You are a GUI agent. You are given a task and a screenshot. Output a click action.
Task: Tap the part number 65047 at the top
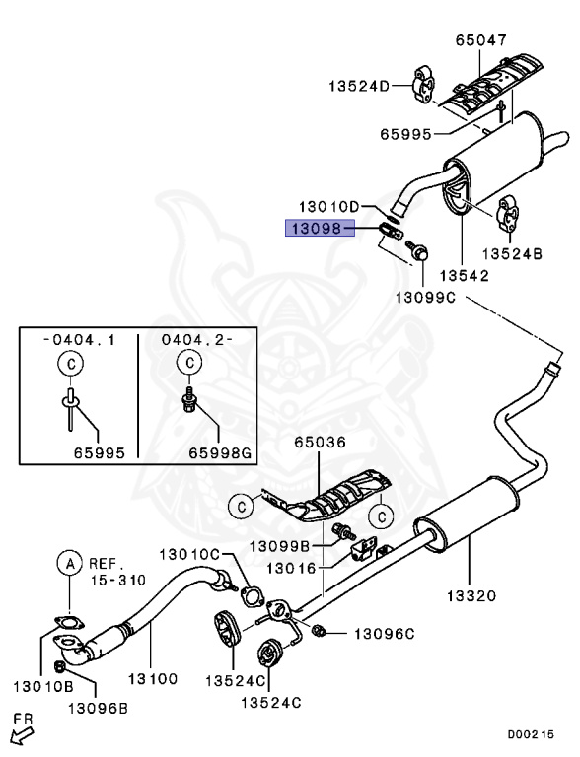pos(480,41)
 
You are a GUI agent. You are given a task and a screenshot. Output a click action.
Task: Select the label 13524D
pos(360,86)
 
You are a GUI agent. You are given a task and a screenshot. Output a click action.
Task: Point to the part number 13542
pos(466,277)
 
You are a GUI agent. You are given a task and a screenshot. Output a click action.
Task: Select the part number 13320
pos(470,595)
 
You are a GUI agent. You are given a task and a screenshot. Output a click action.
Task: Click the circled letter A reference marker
pos(69,564)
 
